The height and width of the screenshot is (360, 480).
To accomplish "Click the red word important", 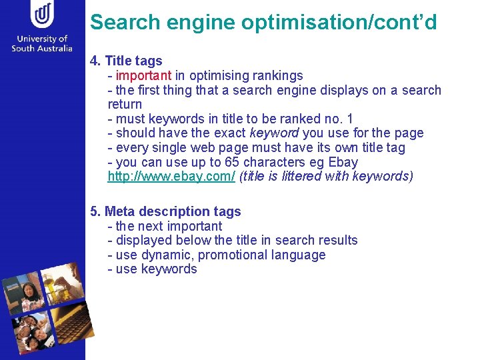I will pyautogui.click(x=143, y=75).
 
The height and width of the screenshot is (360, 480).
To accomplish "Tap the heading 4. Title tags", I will pyautogui.click(x=126, y=61).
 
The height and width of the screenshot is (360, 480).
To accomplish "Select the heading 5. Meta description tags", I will pyautogui.click(x=165, y=211).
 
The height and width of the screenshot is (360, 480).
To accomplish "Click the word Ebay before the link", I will pyautogui.click(x=343, y=162).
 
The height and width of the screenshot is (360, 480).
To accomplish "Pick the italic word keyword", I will pyautogui.click(x=273, y=133).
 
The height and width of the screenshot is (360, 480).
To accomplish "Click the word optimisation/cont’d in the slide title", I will pyautogui.click(x=339, y=22).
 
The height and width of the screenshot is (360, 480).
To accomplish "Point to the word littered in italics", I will pyautogui.click(x=298, y=177).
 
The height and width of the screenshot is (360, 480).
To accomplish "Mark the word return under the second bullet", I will pyautogui.click(x=125, y=105).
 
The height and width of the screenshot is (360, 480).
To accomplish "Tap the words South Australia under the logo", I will pyautogui.click(x=42, y=47).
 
